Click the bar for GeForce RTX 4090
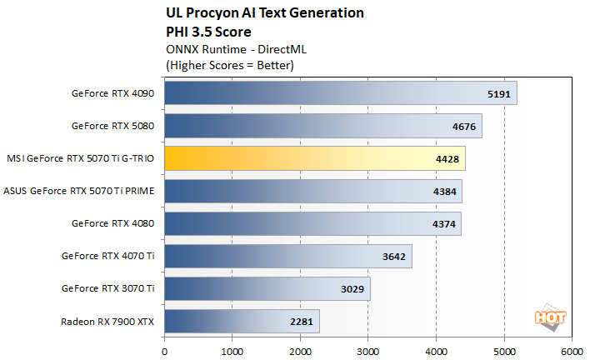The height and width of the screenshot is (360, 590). pyautogui.click(x=340, y=93)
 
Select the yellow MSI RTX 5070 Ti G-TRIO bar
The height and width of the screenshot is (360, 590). pyautogui.click(x=314, y=158)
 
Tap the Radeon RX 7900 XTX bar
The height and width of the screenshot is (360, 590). pyautogui.click(x=242, y=322)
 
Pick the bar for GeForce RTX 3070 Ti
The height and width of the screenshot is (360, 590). pyautogui.click(x=267, y=289)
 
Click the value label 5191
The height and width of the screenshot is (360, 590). pyautogui.click(x=498, y=93)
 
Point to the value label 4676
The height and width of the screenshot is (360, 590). pyautogui.click(x=463, y=126)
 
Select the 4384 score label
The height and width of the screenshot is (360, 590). pyautogui.click(x=443, y=192)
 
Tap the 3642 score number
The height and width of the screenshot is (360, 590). pyautogui.click(x=393, y=257)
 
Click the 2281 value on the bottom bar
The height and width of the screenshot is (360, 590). pyautogui.click(x=301, y=322)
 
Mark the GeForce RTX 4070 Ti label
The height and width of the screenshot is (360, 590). pyautogui.click(x=108, y=257)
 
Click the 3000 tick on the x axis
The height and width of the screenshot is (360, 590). pyautogui.click(x=368, y=352)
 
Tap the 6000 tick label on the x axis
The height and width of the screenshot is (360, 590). pyautogui.click(x=572, y=352)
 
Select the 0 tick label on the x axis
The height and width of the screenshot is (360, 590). pyautogui.click(x=165, y=352)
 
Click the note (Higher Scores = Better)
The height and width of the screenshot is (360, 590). pyautogui.click(x=231, y=64)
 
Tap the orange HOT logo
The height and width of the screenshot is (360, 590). pyautogui.click(x=547, y=317)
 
